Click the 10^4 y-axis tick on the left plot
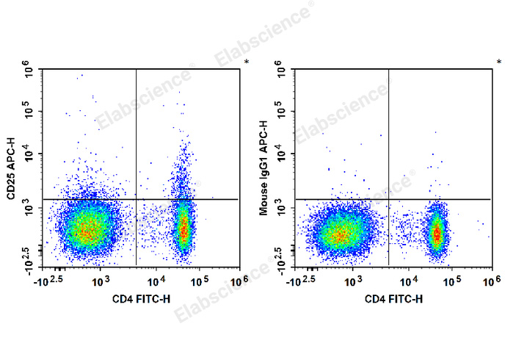[x=30, y=156]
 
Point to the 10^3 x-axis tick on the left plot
[x=101, y=281]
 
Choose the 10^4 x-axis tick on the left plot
[x=156, y=281]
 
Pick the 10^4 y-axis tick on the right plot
[x=282, y=156]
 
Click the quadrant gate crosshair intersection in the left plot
[x=137, y=199]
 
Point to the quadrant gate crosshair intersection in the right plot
[x=388, y=199]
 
